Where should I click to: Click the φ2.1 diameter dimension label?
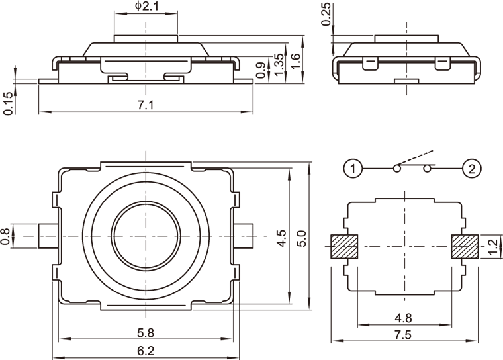[x=146, y=7]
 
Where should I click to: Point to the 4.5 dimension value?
[x=282, y=238]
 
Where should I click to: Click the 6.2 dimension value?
[x=146, y=350]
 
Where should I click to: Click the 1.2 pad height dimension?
[x=492, y=246]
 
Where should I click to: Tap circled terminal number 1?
[x=353, y=169]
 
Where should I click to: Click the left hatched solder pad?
[x=344, y=246]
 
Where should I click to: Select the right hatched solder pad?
[x=465, y=246]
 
